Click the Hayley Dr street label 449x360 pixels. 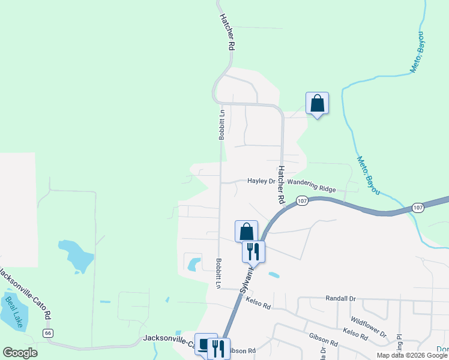[x=261, y=181]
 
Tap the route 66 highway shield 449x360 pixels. [x=48, y=332]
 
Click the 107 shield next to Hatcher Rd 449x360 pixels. [x=302, y=201]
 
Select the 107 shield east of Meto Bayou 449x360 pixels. [x=418, y=208]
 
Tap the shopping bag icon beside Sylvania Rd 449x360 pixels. [x=246, y=231]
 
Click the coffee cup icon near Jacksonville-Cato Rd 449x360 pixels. [x=205, y=345]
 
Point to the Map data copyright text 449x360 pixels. [x=412, y=355]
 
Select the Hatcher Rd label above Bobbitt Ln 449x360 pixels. [x=226, y=31]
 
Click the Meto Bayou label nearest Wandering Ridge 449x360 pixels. [x=369, y=175]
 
